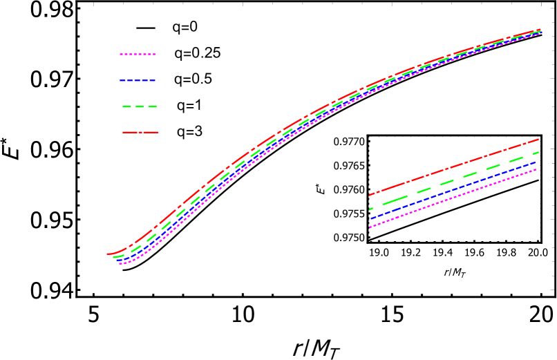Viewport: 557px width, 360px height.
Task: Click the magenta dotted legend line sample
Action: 138,54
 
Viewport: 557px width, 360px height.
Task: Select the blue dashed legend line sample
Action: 138,80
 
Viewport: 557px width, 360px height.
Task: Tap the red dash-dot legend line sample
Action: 140,132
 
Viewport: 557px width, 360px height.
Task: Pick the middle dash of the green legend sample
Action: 140,107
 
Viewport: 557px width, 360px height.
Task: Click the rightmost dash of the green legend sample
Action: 152,107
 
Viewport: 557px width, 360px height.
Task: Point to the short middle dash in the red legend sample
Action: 140,132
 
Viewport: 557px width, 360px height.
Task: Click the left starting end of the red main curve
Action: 107,254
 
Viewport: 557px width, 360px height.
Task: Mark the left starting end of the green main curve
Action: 114,257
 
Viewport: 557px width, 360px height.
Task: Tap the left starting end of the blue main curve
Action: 117,260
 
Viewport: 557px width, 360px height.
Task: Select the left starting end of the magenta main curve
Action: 120,264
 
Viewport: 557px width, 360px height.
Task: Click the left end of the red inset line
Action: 370,196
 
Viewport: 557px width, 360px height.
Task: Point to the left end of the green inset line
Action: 370,209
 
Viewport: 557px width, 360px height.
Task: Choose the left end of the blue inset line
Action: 370,219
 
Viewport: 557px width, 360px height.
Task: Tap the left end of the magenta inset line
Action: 370,227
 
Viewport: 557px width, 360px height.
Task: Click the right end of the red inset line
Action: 538,140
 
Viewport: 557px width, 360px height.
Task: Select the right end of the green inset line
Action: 538,152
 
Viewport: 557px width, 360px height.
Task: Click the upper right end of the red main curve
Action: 540,30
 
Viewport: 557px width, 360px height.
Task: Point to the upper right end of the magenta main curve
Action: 540,32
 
